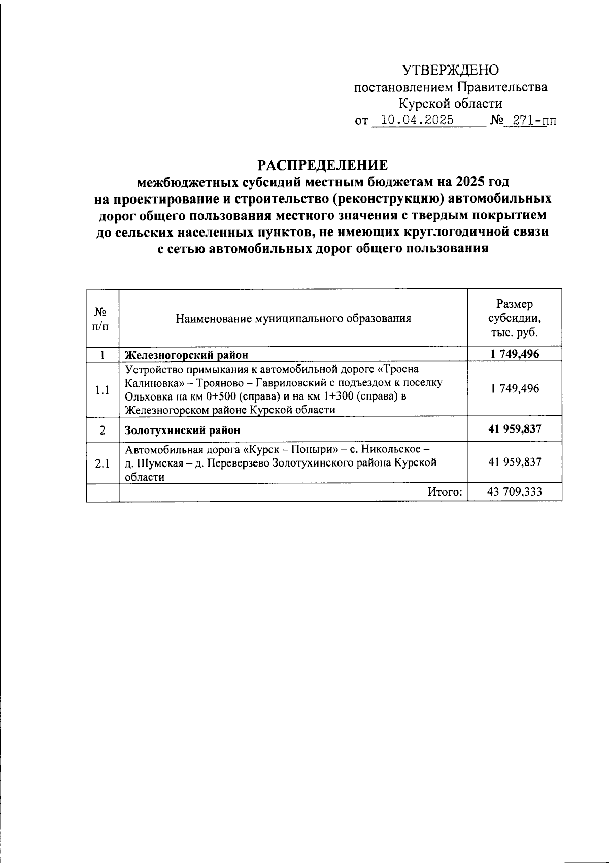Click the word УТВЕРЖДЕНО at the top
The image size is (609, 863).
coord(450,70)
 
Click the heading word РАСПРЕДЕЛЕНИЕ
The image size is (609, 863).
coord(323,165)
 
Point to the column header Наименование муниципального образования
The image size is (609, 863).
coord(293,319)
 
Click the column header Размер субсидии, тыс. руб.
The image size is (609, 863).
coord(514,318)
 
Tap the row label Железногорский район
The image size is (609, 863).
coord(186,354)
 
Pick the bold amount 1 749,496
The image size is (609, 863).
coord(515,354)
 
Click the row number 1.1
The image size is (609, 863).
coord(103,390)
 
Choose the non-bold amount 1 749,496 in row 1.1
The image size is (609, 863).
coord(515,389)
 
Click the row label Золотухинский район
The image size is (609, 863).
coord(183,429)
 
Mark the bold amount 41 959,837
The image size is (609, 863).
coord(515,429)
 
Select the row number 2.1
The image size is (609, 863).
coord(103,463)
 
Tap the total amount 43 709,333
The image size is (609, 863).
coord(515,491)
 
